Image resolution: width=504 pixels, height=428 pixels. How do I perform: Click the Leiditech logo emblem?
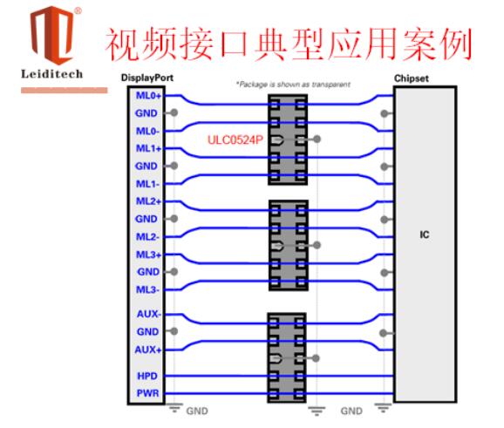(52, 36)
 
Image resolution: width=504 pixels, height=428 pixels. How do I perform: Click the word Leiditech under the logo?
(51, 74)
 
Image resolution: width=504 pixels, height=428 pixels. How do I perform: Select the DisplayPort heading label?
(146, 78)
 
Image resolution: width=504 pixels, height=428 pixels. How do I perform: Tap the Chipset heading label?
(411, 78)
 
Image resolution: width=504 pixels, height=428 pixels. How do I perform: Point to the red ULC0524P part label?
(235, 139)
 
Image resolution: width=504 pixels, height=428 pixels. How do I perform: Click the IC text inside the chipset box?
(425, 234)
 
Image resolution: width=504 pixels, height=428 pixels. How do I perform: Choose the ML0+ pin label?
(148, 95)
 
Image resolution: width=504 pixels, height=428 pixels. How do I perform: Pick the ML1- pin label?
(147, 184)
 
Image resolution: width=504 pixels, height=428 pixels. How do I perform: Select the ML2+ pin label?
(148, 201)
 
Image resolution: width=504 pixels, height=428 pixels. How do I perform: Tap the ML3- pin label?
(147, 289)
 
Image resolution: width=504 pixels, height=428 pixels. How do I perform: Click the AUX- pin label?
(149, 314)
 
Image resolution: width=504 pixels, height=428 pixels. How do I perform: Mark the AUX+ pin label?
(148, 350)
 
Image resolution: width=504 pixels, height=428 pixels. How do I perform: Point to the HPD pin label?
(147, 376)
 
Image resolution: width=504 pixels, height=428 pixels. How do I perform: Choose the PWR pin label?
(147, 393)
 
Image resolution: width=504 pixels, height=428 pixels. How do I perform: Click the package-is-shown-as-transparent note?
(293, 85)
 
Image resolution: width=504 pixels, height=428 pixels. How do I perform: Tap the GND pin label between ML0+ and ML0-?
(146, 113)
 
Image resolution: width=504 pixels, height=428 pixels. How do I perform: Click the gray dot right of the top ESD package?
(317, 139)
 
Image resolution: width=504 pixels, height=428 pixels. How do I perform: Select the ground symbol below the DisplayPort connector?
(174, 408)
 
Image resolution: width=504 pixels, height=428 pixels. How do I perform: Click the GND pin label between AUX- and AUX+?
(148, 331)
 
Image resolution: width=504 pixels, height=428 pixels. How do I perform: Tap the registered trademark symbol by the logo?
(78, 11)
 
